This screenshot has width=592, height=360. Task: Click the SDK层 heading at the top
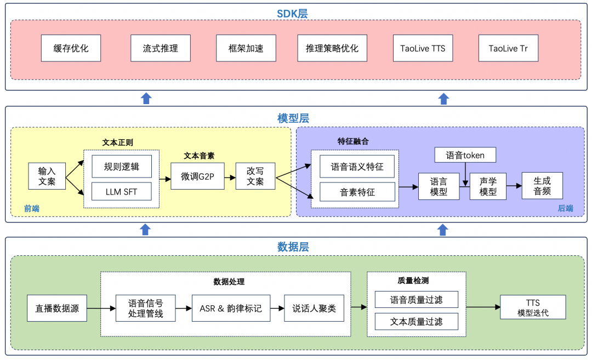tap(292, 14)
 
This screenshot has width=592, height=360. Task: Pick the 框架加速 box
tap(246, 48)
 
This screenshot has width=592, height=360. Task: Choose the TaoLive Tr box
tap(508, 48)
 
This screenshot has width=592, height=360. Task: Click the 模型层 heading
tap(293, 118)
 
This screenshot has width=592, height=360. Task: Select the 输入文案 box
tap(47, 176)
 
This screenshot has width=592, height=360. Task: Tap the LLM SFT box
tap(121, 192)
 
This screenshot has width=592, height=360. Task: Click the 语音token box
tap(465, 155)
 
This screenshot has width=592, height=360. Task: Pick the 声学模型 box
tap(488, 186)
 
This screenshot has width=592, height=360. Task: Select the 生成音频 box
tap(542, 186)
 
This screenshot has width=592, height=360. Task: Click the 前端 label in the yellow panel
tap(32, 208)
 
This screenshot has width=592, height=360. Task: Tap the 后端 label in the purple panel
tap(565, 208)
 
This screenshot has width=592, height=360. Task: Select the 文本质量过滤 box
tap(416, 322)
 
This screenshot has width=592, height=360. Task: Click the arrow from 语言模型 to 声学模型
tap(464, 186)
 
